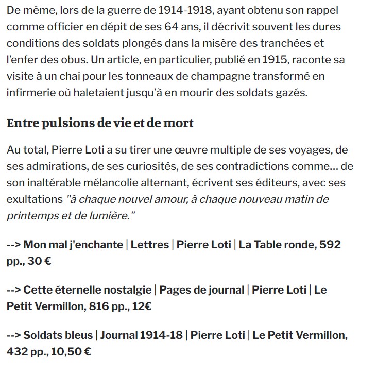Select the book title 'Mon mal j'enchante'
click(73, 244)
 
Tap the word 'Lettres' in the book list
click(150, 244)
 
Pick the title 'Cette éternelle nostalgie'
click(88, 289)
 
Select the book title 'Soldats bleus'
click(58, 335)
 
